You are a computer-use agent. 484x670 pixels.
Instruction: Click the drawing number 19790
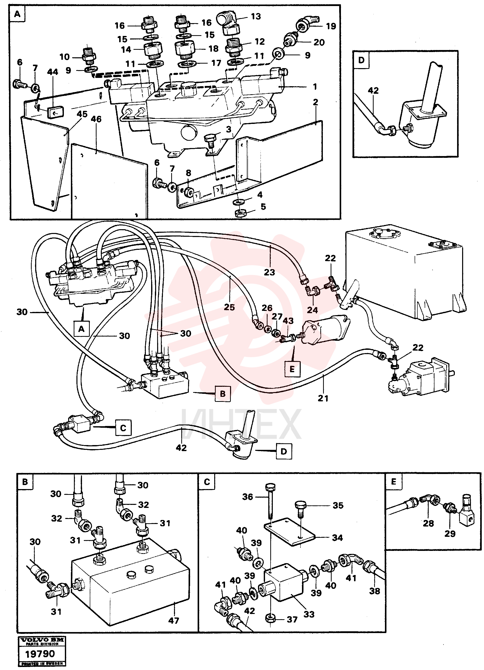point(40,654)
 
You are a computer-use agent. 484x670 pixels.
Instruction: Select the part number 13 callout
point(256,17)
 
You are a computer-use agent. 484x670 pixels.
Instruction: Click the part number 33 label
point(309,614)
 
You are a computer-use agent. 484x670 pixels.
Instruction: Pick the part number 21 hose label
point(323,398)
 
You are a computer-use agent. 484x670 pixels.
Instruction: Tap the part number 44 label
point(53,72)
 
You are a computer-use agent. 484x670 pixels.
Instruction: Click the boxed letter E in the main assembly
point(292,369)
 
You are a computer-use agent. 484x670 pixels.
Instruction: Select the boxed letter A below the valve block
point(81,329)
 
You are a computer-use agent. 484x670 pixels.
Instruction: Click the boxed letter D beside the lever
point(284,451)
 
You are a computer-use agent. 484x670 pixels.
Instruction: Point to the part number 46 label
point(96,119)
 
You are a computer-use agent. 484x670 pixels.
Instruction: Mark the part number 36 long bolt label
point(248,497)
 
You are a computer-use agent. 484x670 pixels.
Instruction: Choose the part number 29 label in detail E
point(450,534)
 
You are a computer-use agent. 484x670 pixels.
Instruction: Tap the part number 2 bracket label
point(316,102)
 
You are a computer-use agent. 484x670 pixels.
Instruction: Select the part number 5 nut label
point(263,207)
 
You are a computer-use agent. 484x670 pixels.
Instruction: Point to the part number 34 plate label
point(337,538)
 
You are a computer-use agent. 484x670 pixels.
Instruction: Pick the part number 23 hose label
point(270,272)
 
